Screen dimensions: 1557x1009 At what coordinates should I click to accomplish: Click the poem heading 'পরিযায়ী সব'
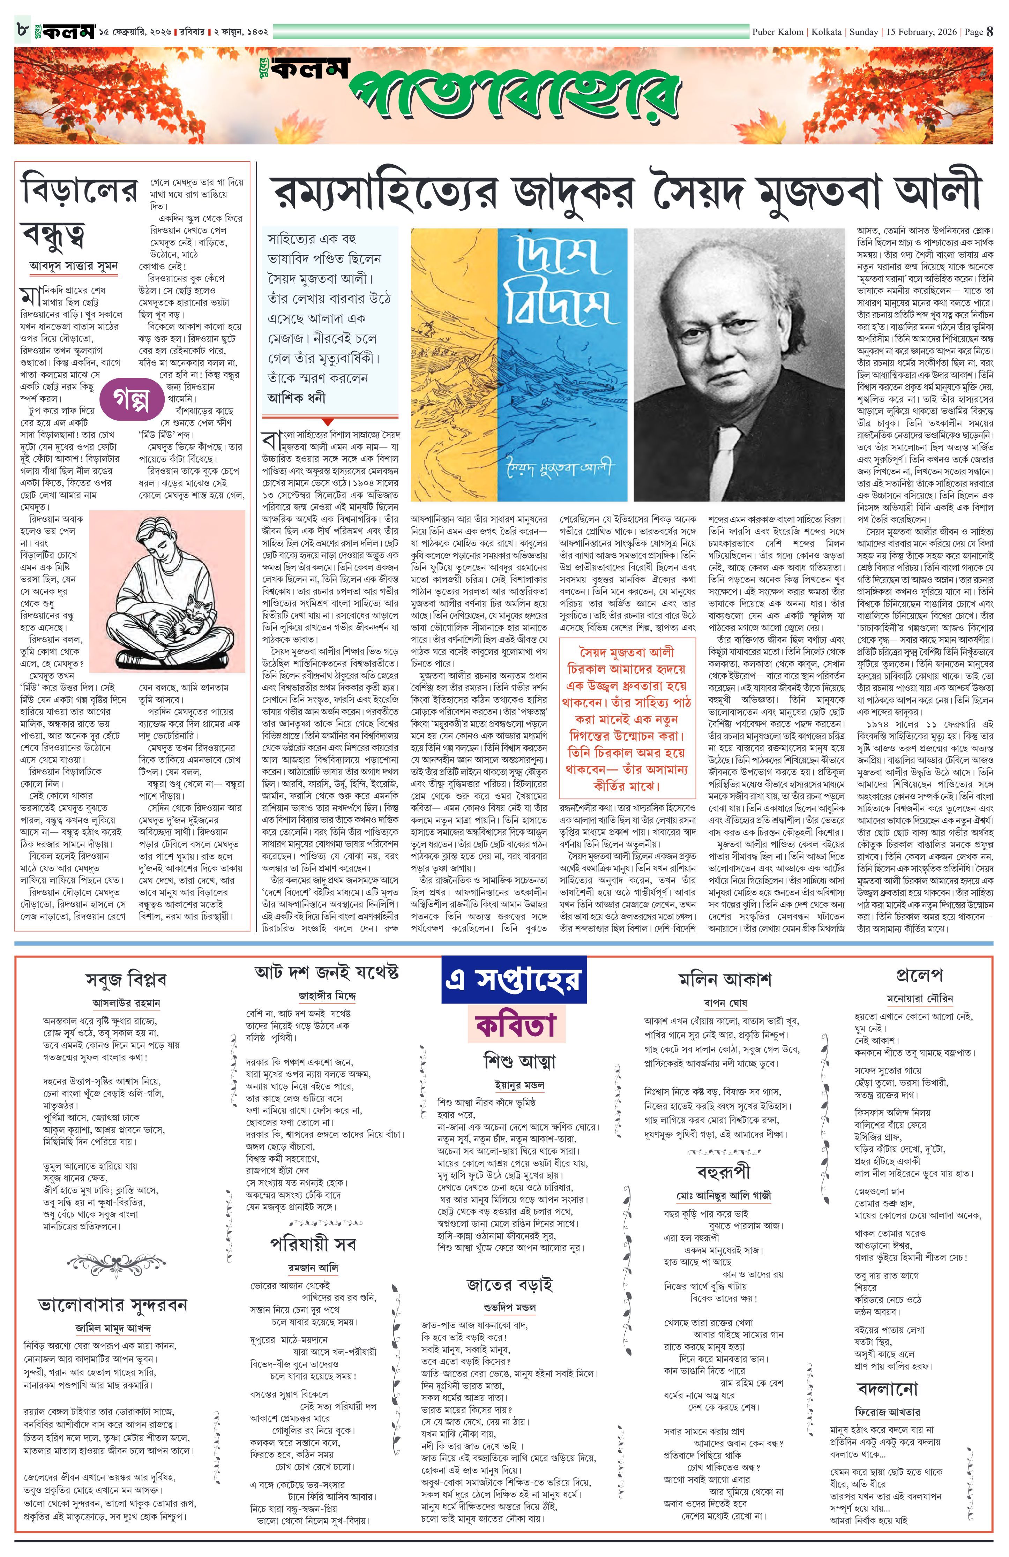tap(313, 1243)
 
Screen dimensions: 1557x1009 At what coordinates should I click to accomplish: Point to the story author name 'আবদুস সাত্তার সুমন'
tap(74, 266)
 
